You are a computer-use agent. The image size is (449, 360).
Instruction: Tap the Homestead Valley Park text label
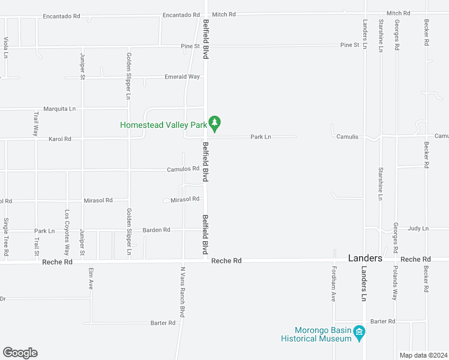[163, 125]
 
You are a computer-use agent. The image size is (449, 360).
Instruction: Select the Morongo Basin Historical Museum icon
[359, 332]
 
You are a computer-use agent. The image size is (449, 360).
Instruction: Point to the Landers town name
[366, 258]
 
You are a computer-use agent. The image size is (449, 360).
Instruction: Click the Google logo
[20, 353]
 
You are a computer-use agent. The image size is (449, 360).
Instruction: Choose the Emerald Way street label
[182, 77]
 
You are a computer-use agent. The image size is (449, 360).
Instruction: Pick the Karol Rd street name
[59, 139]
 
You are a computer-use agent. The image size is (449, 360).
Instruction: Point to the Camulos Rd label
[182, 169]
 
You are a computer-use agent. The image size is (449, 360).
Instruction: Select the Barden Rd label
[156, 230]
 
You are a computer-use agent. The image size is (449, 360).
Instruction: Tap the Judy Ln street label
[418, 229]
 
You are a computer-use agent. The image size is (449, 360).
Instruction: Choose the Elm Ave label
[91, 278]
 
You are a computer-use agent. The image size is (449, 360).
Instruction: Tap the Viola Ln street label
[6, 47]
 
